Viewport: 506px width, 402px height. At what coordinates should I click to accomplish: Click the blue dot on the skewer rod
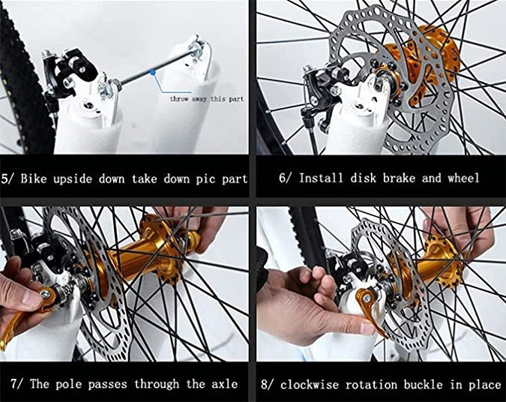[x=153, y=72]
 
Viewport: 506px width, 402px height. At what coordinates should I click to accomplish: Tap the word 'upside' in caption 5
[x=73, y=179]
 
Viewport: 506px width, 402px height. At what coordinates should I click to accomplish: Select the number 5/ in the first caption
[x=8, y=179]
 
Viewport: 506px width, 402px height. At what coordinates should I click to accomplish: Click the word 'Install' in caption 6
[x=321, y=178]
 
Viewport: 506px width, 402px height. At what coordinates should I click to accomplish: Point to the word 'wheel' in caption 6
[x=463, y=178]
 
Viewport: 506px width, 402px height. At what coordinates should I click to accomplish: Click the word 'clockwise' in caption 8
[x=310, y=385]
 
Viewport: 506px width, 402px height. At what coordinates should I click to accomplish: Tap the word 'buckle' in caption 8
[x=423, y=385]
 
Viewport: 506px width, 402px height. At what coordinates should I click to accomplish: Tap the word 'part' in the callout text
[x=236, y=99]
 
